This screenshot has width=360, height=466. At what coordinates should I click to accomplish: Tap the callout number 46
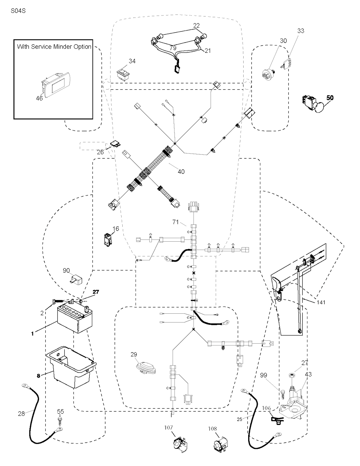39,98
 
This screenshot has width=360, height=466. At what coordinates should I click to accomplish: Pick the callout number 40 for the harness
181,172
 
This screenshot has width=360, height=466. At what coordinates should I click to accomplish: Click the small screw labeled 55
60,420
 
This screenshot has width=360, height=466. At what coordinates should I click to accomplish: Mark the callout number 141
321,302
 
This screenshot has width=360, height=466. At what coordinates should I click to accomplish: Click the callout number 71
176,222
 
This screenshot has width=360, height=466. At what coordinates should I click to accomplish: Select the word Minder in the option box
62,46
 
